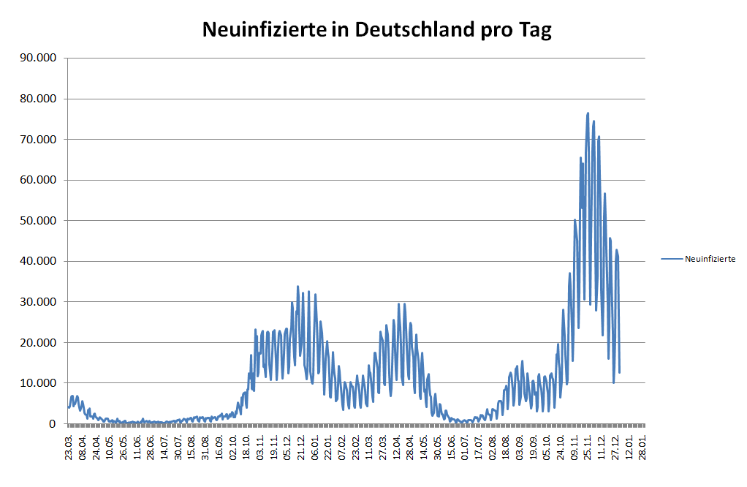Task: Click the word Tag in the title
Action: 534,30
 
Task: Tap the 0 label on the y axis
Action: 53,423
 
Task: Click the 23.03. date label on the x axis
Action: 69,445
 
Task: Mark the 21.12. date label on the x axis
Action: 301,445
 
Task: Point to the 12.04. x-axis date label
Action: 397,445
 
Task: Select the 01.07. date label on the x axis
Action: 466,445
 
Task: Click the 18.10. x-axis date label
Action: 246,445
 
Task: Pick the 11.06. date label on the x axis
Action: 137,445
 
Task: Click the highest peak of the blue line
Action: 588,113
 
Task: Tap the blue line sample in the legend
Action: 672,259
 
